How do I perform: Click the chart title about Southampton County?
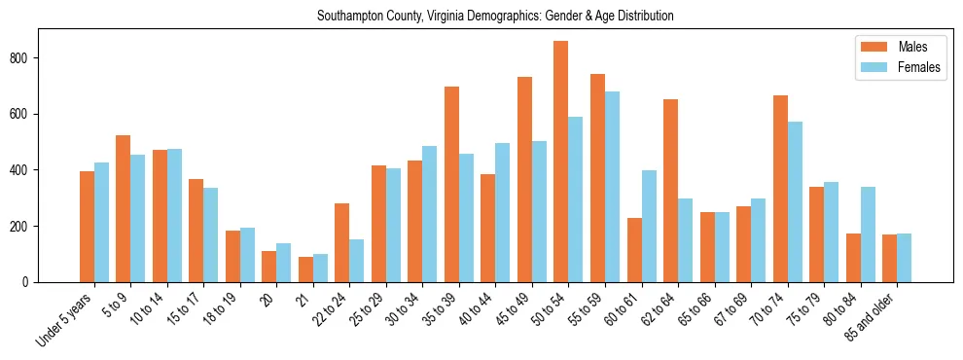point(495,17)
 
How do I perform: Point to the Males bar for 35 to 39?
point(451,184)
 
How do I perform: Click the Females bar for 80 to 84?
point(868,234)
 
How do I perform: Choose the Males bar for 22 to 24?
point(342,242)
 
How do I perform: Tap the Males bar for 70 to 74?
point(780,189)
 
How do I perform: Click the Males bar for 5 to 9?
point(124,208)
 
